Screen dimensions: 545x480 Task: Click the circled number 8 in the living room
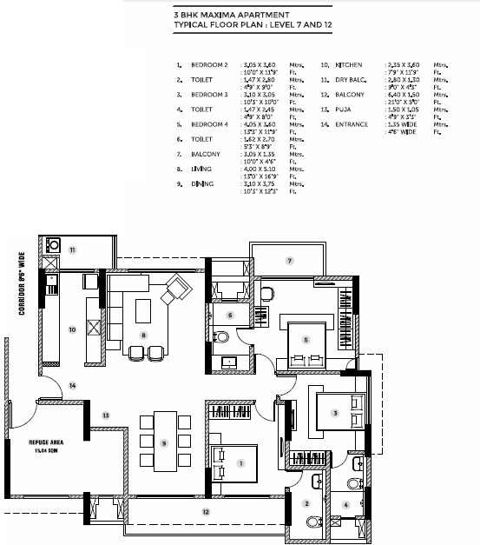[144, 334]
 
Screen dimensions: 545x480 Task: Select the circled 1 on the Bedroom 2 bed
[240, 463]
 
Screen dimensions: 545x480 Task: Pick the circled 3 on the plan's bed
[335, 413]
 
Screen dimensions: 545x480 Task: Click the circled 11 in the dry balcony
[74, 249]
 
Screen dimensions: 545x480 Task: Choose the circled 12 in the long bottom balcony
[205, 512]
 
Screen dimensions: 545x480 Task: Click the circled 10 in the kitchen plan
[72, 329]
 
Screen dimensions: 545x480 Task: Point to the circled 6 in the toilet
[230, 315]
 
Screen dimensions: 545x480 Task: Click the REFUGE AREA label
[41, 445]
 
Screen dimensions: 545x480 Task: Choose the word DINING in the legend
[201, 184]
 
